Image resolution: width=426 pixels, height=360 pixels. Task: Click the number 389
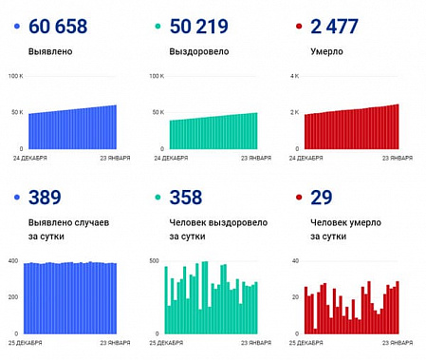[x=46, y=198]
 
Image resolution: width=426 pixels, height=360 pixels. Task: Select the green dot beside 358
[x=158, y=199]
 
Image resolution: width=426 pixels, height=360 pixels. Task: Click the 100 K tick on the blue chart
[x=15, y=75]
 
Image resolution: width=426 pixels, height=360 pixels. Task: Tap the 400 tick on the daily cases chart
[x=13, y=260]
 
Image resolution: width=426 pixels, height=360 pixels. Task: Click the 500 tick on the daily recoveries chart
[x=156, y=260]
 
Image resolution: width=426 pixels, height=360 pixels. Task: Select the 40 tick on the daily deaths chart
[x=296, y=260]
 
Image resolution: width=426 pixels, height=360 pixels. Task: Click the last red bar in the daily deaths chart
[x=398, y=307]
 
